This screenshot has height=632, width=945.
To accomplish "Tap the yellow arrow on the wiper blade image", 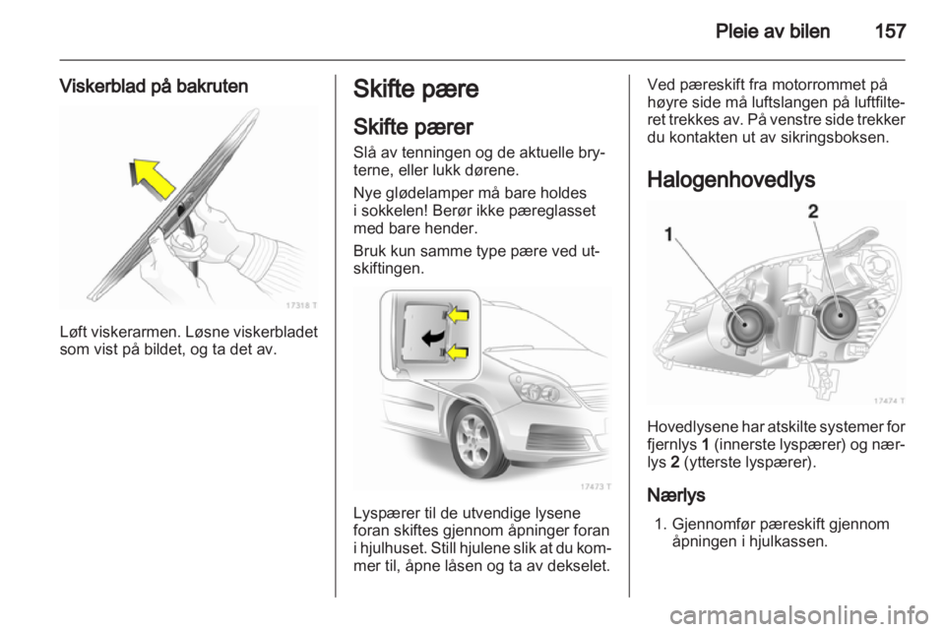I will click(154, 178).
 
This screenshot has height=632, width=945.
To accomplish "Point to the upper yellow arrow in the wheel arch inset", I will click(460, 317).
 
